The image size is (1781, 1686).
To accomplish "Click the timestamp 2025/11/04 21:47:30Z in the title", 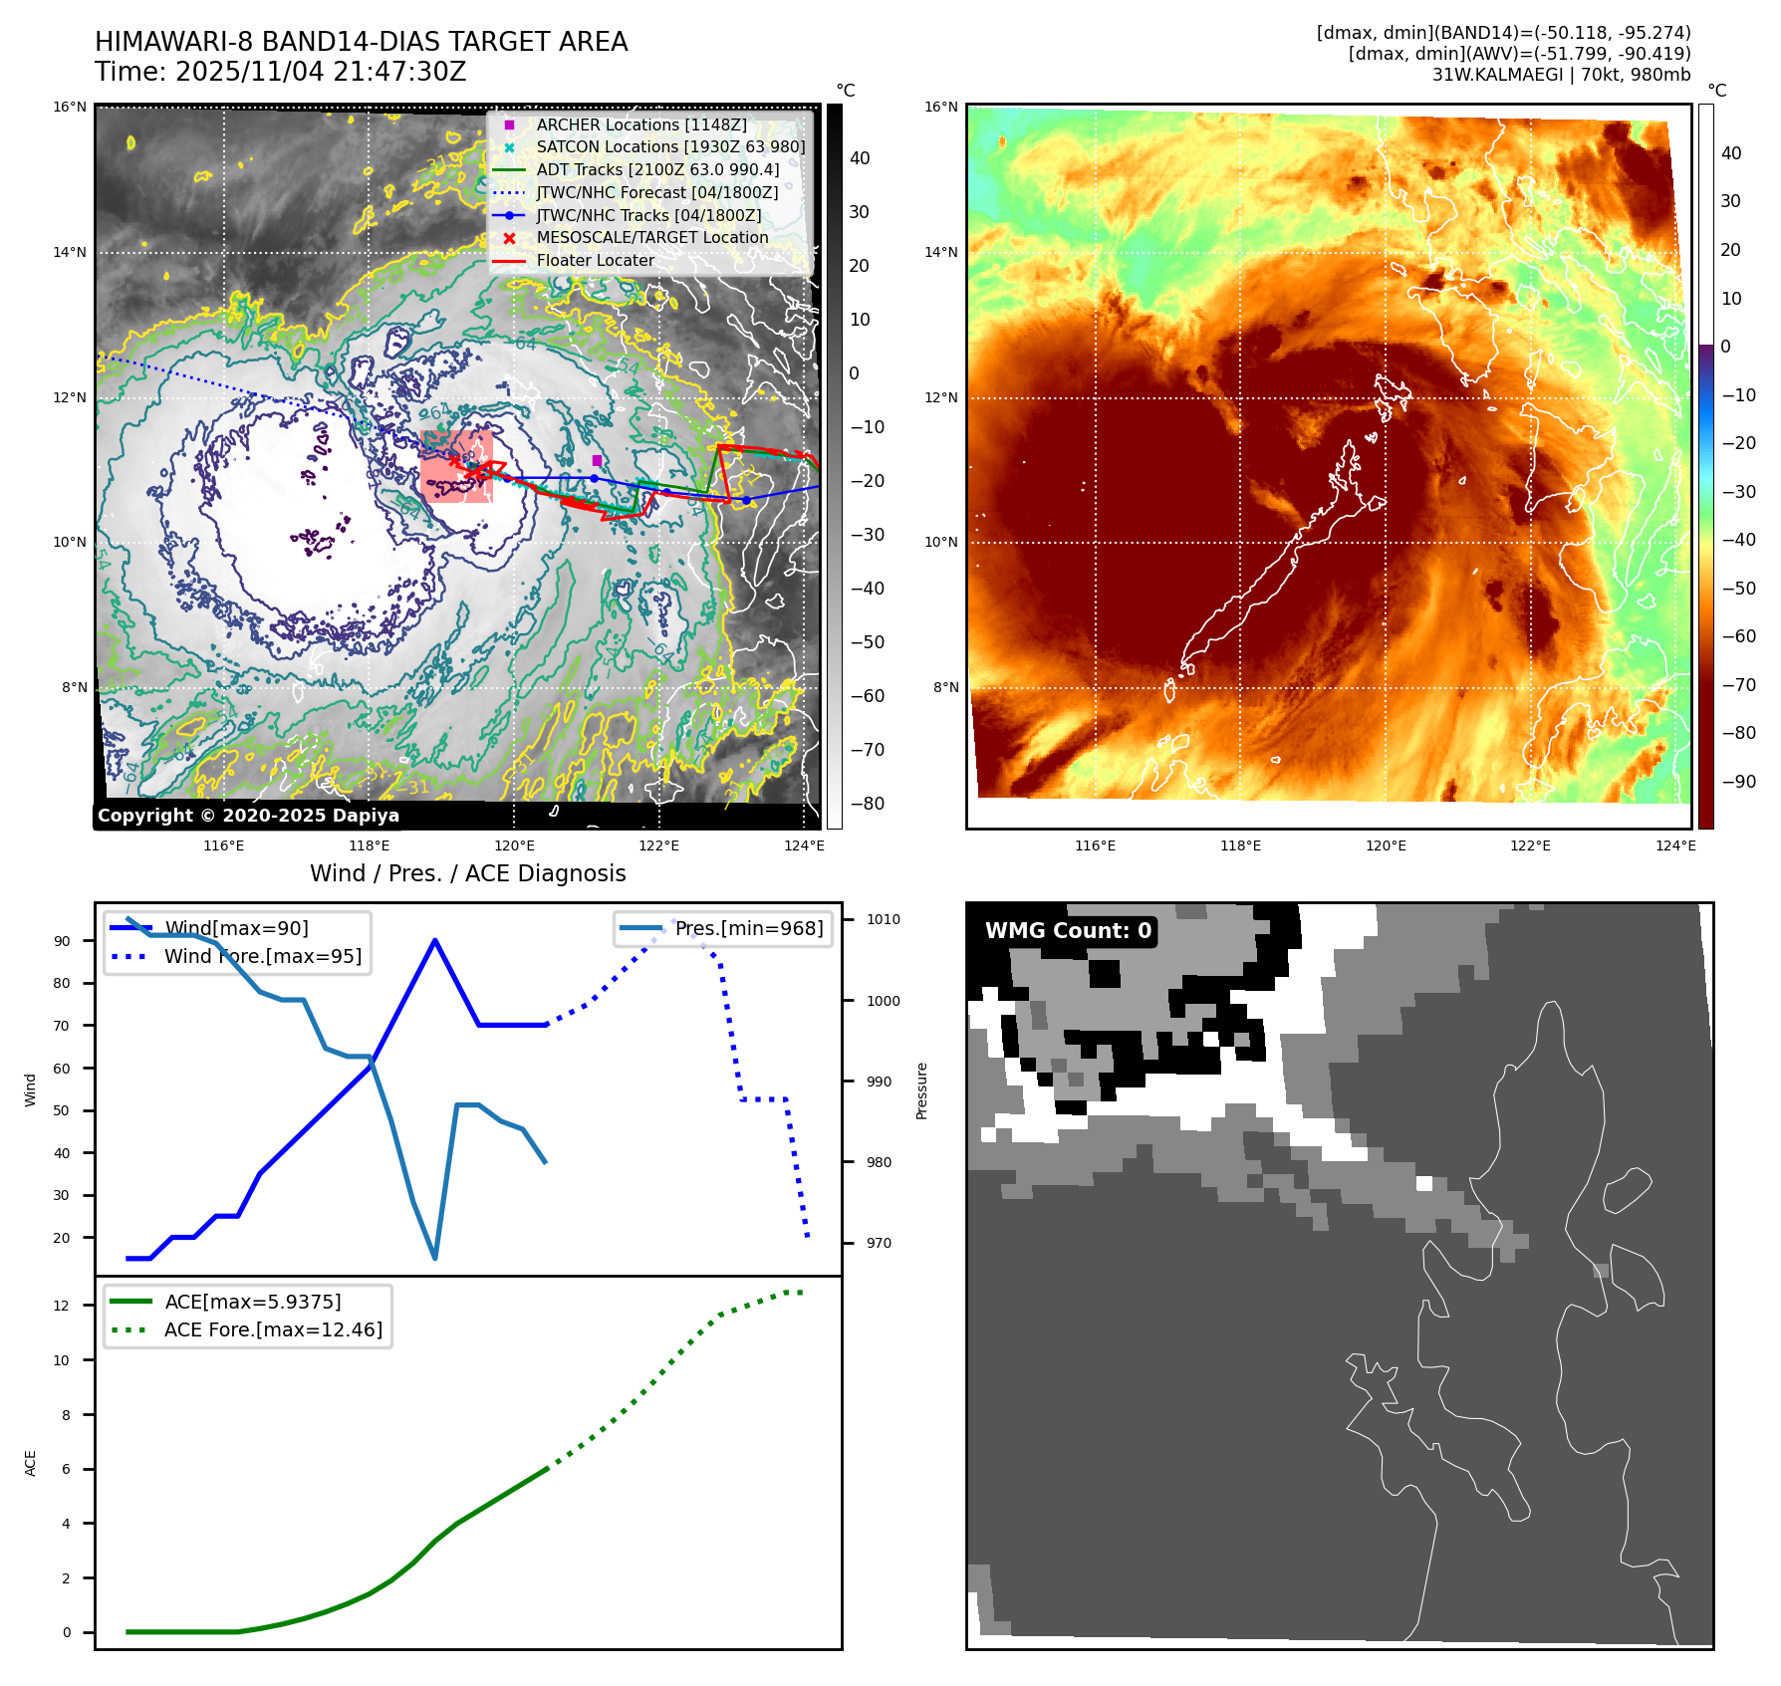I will click(320, 73).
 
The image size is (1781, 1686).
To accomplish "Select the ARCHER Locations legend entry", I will click(640, 124).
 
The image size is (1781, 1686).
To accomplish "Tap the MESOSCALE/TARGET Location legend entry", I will click(651, 238).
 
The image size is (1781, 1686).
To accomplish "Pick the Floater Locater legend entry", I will click(595, 261).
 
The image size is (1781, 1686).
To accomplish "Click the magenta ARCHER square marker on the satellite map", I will click(597, 460).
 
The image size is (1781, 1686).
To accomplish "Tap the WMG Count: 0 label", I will click(1068, 931).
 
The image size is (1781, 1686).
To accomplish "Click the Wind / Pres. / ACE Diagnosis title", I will click(467, 873).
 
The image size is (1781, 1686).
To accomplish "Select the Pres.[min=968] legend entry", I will click(748, 929).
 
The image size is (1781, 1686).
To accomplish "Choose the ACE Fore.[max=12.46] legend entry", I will click(272, 1330).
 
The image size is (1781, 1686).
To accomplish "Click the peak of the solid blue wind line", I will click(435, 940).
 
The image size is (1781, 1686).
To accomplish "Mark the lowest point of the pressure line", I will click(435, 1259).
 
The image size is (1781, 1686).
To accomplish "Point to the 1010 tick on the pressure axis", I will click(883, 920).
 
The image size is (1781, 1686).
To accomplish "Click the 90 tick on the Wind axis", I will click(62, 941).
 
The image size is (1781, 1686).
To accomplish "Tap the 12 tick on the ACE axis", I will click(62, 1306).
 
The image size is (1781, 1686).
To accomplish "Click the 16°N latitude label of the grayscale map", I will click(70, 108).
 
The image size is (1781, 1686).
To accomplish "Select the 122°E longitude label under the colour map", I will click(1530, 846).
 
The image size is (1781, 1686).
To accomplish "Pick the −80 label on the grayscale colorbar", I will click(867, 804).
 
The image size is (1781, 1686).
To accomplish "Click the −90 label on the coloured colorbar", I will click(1739, 782).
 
